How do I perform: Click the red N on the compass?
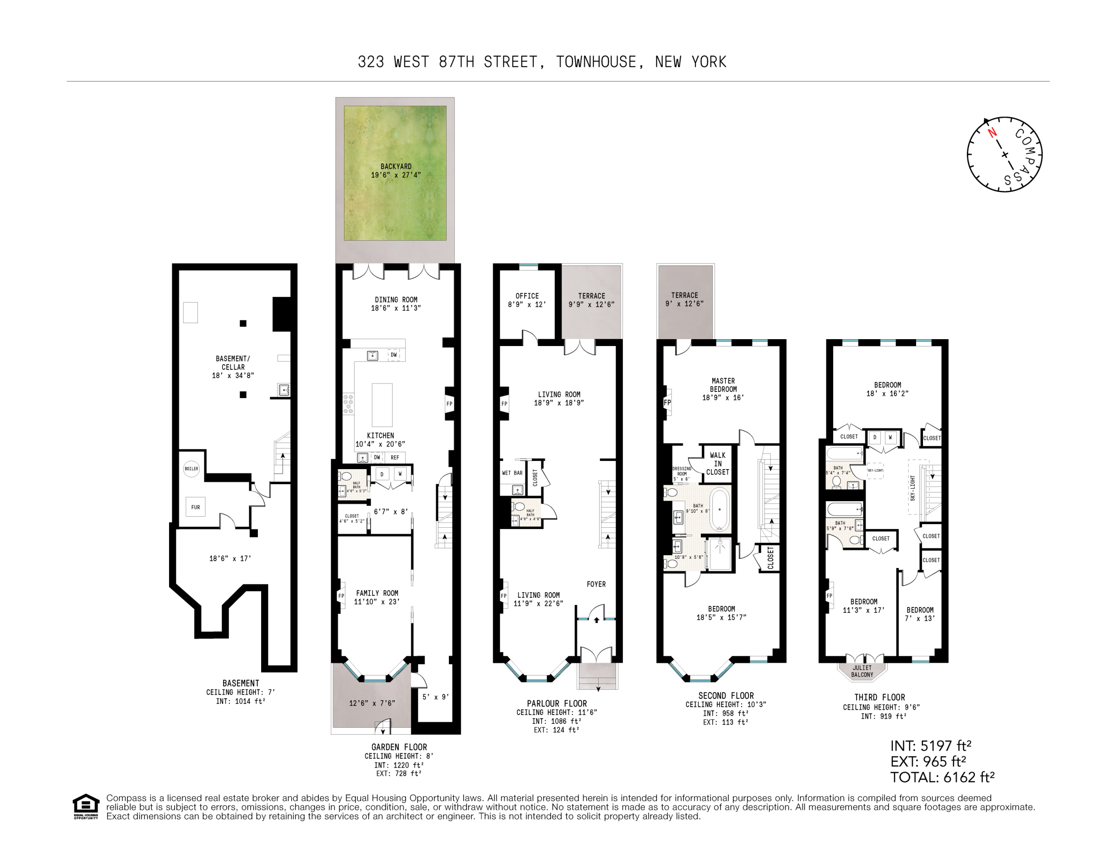[992, 133]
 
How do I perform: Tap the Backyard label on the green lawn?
[396, 166]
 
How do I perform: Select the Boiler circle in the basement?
[191, 469]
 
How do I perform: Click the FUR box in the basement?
[195, 507]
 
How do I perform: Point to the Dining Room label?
[396, 300]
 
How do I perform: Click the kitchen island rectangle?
[382, 405]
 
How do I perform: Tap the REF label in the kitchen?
[395, 457]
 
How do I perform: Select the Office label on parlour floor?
[527, 296]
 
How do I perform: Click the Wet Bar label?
[512, 473]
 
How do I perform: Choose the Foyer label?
[596, 584]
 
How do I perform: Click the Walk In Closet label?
[717, 463]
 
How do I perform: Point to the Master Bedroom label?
[723, 385]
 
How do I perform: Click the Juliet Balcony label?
[862, 671]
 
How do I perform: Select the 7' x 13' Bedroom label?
[920, 614]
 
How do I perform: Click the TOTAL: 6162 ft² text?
[942, 777]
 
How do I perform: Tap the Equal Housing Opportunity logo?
[86, 806]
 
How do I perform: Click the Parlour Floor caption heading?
[557, 703]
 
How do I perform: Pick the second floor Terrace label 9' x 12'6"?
[684, 299]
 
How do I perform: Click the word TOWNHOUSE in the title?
[596, 62]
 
